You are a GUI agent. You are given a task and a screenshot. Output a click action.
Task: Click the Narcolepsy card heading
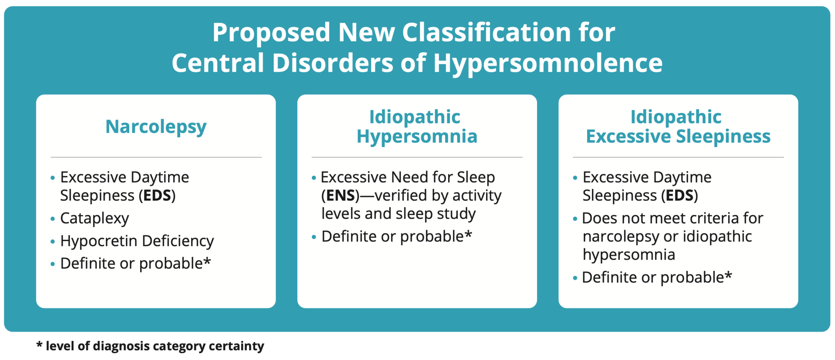(156, 127)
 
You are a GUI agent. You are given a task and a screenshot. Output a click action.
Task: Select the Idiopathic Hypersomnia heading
(417, 126)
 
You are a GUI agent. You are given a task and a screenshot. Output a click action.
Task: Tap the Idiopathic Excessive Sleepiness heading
(678, 126)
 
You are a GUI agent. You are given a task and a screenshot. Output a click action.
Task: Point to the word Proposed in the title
(271, 33)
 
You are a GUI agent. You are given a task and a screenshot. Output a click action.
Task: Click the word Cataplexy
(95, 219)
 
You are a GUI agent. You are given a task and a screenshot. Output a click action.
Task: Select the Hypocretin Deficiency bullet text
(137, 241)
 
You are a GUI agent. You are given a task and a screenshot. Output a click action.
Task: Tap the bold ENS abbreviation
(340, 196)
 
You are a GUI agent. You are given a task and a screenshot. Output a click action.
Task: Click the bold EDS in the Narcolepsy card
(157, 196)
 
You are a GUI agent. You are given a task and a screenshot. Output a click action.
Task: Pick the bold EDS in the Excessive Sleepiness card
(679, 196)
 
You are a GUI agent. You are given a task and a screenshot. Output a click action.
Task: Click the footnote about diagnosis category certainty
(150, 346)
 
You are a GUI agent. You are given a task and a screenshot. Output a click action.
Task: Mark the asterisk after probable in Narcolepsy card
(207, 262)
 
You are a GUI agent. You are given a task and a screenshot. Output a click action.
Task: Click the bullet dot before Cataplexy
(53, 219)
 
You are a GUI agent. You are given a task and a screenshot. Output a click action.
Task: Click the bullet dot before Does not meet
(575, 219)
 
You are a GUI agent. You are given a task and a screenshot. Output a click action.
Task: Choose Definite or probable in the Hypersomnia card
(392, 236)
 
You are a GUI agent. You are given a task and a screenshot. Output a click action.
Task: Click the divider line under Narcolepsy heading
(156, 157)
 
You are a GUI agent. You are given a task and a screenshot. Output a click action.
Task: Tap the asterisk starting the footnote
(39, 345)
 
